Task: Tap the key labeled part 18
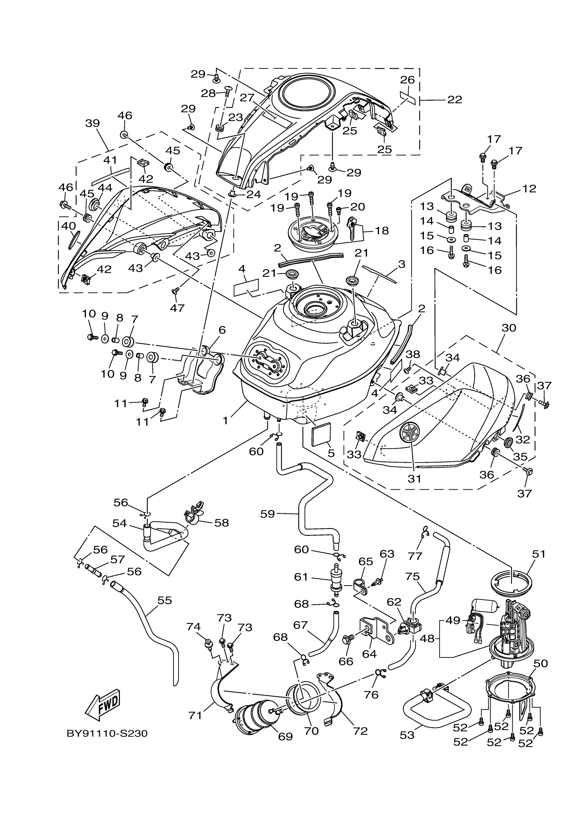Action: point(353,228)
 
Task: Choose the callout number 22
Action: point(455,100)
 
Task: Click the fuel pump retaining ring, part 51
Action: point(514,582)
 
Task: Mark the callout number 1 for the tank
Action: point(225,421)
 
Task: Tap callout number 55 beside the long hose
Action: point(164,600)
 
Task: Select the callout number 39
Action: point(92,123)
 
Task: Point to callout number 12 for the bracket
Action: point(529,188)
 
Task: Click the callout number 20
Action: point(357,207)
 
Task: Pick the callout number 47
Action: point(177,308)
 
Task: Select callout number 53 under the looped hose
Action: point(407,735)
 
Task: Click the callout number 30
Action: point(509,328)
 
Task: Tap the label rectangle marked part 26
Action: point(407,97)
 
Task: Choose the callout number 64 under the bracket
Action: point(369,653)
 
